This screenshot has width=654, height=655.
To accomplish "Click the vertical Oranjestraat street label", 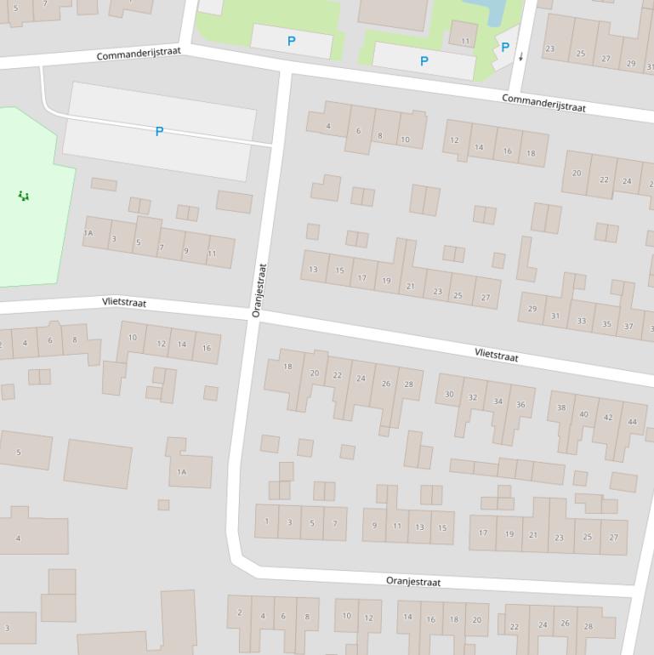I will [x=259, y=290].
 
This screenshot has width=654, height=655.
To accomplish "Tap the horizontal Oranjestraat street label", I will [x=413, y=582].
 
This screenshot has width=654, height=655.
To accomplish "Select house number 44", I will [x=632, y=422].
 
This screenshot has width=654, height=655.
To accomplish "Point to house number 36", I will [x=520, y=405].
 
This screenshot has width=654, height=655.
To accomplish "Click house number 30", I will [x=449, y=394].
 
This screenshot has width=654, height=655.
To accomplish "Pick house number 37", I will [x=628, y=327].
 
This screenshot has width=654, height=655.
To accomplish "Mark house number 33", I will [x=581, y=321].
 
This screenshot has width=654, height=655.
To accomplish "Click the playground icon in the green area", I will [x=24, y=196].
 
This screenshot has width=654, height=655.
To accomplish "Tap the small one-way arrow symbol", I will [x=521, y=57].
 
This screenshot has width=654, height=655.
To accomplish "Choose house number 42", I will [x=608, y=418].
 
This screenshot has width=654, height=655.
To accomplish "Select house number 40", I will [x=583, y=414].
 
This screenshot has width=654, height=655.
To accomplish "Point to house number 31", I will [x=555, y=316].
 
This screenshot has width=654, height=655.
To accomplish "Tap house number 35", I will [x=606, y=324].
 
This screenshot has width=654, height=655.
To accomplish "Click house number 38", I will [x=561, y=407].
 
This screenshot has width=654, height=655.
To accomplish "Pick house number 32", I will [x=473, y=397].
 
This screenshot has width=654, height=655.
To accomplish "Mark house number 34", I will [x=498, y=402].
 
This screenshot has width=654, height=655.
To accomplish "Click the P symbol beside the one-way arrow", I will [x=505, y=48].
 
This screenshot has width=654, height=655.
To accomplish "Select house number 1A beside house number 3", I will [x=88, y=233].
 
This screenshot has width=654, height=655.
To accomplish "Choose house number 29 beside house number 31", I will [x=532, y=309].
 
